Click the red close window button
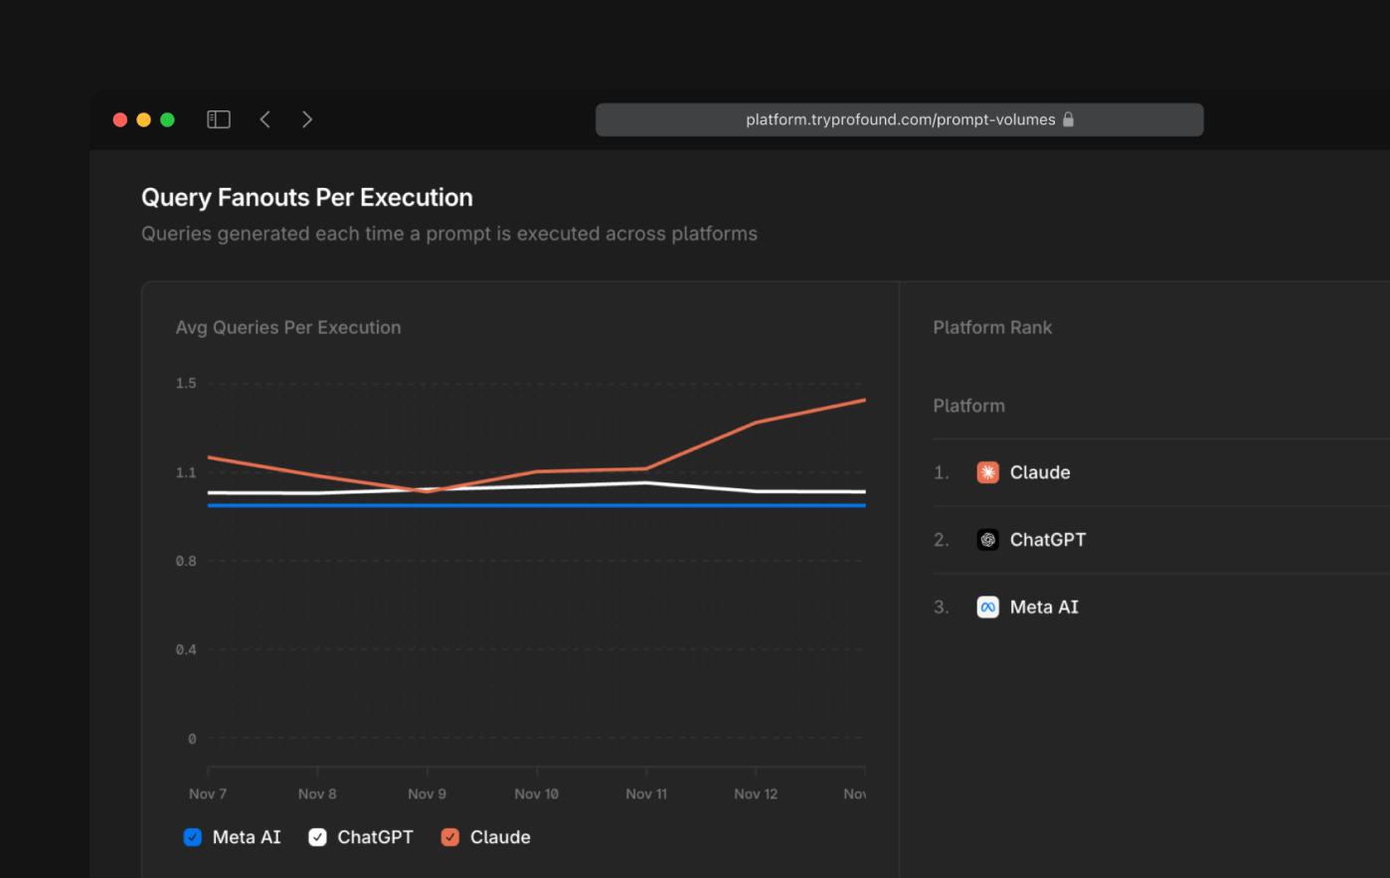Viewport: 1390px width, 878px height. point(120,119)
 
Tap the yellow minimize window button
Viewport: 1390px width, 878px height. point(144,119)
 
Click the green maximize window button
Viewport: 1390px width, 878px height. point(168,119)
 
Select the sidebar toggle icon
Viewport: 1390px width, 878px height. point(219,119)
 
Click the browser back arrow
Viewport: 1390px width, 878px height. point(265,119)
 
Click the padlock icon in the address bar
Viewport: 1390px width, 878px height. point(1069,119)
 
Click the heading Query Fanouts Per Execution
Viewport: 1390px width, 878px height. point(306,197)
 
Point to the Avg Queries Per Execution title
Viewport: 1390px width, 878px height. point(288,327)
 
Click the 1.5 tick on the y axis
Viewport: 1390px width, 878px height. point(186,383)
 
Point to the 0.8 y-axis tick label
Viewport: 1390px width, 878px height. point(186,561)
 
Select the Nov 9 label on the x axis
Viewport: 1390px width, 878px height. point(427,793)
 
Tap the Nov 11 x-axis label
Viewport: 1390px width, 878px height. point(646,793)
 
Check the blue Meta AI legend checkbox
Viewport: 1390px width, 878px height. point(193,837)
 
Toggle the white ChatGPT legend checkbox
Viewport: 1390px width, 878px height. point(317,837)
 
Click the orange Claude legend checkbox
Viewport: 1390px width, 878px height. point(450,837)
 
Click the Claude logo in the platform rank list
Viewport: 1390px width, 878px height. point(987,472)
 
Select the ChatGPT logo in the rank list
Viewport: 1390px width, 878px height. point(987,540)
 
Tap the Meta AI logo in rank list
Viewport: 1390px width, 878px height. point(987,608)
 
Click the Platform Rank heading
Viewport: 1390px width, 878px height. point(992,327)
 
